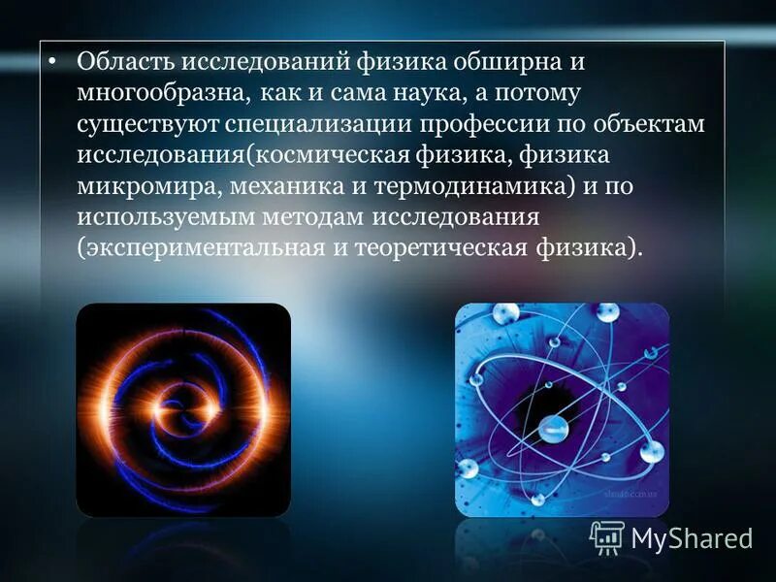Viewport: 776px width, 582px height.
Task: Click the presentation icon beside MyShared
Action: pyautogui.click(x=607, y=536)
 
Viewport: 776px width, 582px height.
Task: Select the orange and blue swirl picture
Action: pyautogui.click(x=183, y=409)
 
